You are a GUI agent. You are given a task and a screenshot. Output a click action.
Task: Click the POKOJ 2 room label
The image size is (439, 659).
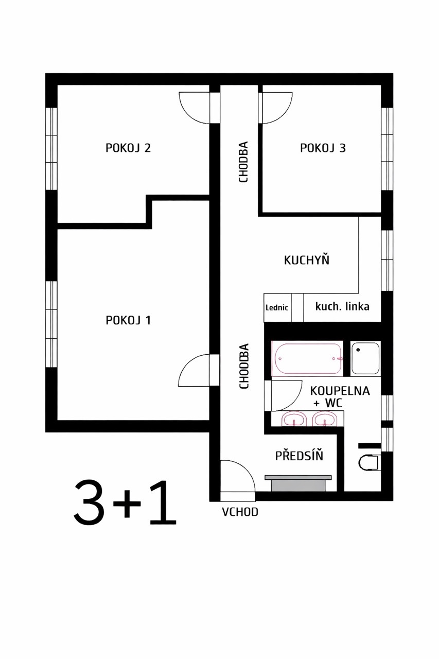(x=128, y=148)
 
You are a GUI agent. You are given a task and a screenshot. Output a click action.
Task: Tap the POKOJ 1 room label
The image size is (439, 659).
(x=128, y=320)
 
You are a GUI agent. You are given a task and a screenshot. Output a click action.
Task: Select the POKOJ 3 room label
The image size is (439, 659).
(x=323, y=148)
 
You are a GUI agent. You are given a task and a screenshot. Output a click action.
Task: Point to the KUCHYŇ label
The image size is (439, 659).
(x=307, y=260)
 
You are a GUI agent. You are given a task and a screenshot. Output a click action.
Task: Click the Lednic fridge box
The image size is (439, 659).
(x=277, y=307)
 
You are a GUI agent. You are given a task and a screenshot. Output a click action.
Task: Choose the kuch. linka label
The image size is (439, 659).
(x=342, y=307)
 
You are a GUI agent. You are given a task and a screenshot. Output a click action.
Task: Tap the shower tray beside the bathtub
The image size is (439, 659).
(x=365, y=357)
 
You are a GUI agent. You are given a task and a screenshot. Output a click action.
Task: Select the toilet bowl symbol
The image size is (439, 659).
(x=368, y=462)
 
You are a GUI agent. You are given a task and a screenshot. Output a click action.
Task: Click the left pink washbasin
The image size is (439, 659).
(x=294, y=420)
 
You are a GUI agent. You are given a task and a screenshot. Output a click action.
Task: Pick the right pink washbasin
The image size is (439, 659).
(x=325, y=420)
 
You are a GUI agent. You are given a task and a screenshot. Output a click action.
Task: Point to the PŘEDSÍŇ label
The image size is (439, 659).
(x=299, y=456)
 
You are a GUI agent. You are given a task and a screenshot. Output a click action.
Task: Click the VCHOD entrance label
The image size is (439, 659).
(x=240, y=512)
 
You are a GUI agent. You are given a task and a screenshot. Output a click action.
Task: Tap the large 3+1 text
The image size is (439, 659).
(x=125, y=503)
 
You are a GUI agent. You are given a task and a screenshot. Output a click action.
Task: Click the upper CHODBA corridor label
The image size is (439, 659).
(x=244, y=162)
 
